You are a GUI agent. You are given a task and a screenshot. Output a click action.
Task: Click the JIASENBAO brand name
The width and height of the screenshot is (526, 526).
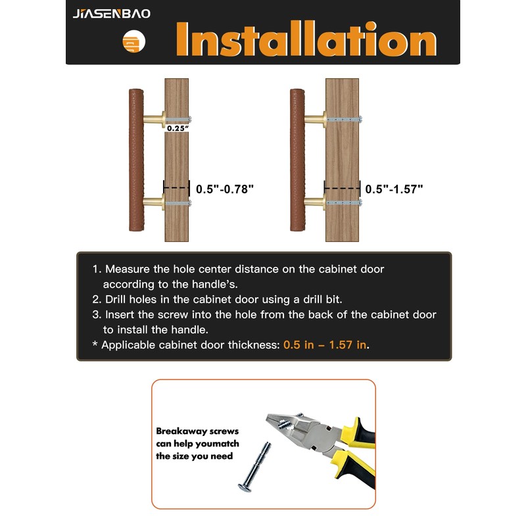click(111, 13)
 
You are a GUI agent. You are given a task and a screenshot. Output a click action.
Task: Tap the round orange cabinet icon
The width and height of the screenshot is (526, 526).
click(134, 41)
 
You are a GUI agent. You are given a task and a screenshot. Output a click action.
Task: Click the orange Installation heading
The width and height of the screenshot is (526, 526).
click(306, 39)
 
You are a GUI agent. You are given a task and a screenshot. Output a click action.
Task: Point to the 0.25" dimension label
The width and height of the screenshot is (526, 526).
click(178, 128)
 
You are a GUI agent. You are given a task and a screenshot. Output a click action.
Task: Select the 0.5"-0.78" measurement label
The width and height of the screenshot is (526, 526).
click(225, 189)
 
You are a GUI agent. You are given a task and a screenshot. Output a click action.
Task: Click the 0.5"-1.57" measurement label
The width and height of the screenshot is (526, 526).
click(394, 189)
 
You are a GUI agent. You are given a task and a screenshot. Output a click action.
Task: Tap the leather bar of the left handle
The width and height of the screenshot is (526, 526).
click(136, 160)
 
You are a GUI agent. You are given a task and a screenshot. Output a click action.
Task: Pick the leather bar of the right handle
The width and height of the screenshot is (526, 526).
click(297, 160)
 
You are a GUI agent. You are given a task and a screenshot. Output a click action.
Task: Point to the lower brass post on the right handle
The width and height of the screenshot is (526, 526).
click(315, 203)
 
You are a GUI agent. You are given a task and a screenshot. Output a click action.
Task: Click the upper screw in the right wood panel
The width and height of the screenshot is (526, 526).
click(345, 119)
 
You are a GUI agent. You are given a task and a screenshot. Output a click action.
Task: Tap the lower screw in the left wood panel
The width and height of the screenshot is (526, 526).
click(178, 203)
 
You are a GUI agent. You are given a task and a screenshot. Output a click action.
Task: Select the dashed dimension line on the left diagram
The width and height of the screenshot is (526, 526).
click(176, 187)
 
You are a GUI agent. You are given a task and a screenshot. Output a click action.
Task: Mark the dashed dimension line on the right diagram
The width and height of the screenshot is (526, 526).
click(342, 188)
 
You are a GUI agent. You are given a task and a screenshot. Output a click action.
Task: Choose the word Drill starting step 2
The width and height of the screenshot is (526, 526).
click(114, 299)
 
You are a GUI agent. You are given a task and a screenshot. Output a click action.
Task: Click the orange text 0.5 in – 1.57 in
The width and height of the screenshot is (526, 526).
click(325, 345)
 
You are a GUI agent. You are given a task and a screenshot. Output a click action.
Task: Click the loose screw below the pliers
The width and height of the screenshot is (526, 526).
click(254, 467)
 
